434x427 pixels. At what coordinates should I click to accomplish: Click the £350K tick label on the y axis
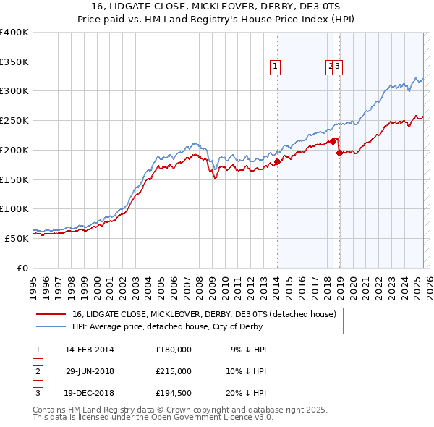tap(14, 62)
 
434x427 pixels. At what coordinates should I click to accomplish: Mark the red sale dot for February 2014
tap(277, 162)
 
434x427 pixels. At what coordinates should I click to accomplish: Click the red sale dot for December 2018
tap(339, 153)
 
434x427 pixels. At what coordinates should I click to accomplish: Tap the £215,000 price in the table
tap(174, 372)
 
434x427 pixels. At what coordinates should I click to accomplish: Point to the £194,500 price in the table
tap(174, 394)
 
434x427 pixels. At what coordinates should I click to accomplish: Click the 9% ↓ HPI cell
tap(248, 350)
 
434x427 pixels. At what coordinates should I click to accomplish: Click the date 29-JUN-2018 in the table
tap(90, 372)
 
